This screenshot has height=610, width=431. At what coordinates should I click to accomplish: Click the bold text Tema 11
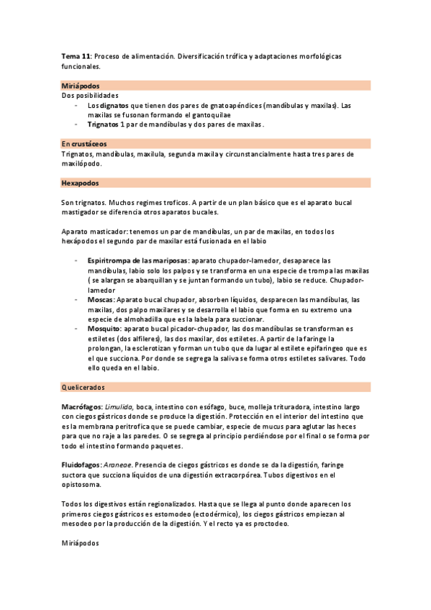[75, 55]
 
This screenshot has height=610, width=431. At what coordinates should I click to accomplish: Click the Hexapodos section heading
[81, 183]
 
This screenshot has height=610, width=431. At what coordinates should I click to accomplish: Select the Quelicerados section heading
[84, 387]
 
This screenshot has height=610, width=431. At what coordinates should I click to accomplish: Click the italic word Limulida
[119, 407]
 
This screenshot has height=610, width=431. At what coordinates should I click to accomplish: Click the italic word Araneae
[119, 465]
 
